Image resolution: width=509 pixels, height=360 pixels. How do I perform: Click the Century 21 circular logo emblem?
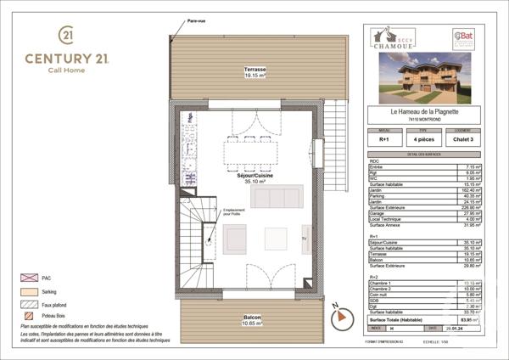coord(66,35)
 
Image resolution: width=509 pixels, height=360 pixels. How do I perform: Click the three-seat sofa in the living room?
coord(277,196)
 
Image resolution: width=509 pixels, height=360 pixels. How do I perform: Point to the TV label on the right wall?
coord(305,239)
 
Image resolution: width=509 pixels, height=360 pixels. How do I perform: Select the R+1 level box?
coord(383,139)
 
